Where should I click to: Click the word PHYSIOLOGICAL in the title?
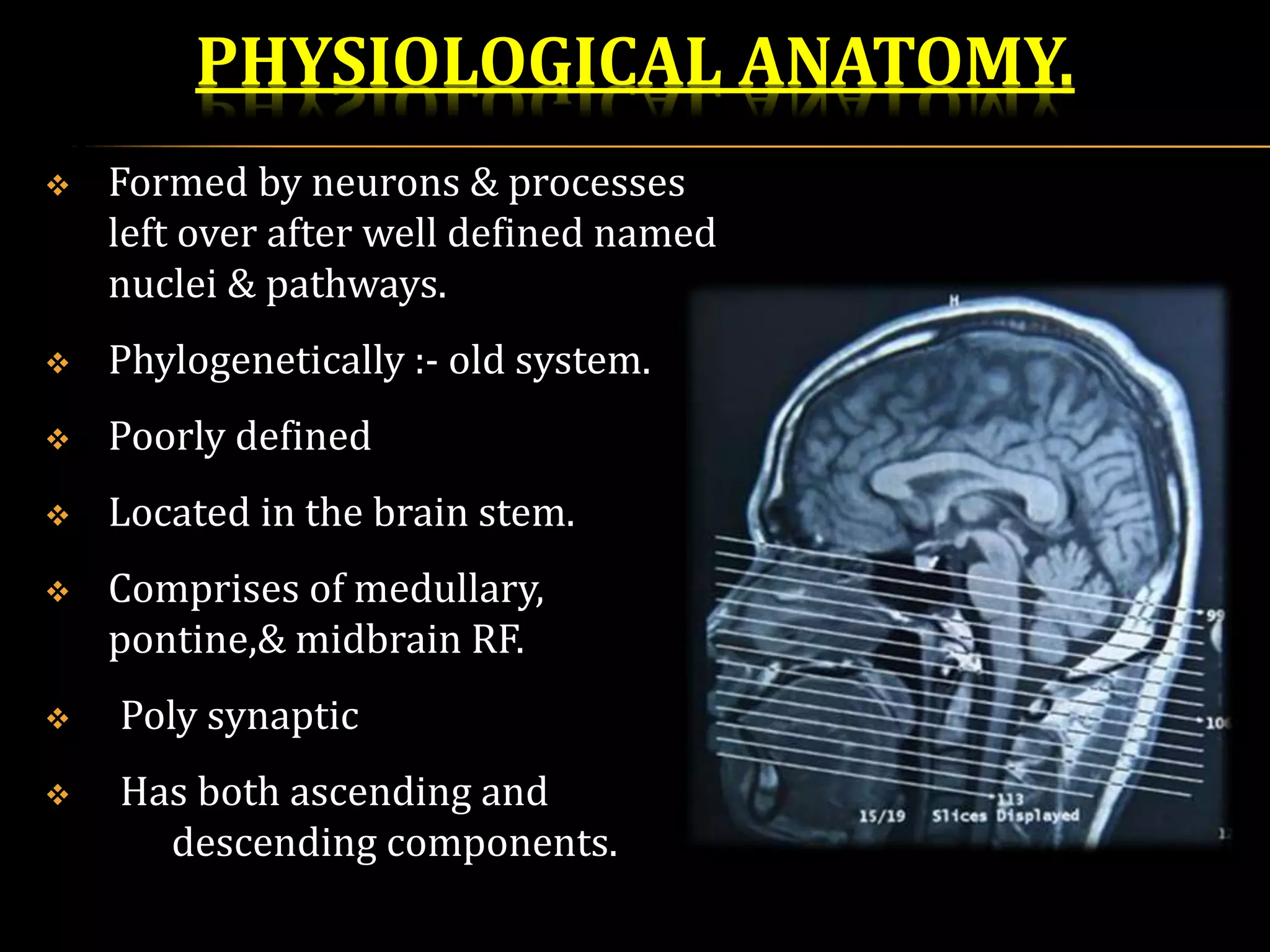coord(460,62)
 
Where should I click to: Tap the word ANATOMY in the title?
coord(905,62)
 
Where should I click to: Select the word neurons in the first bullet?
coord(385,183)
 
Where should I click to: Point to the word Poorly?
coord(167,437)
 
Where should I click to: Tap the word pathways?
coord(355,285)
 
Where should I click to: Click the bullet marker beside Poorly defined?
coord(58,439)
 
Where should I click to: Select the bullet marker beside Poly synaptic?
coord(58,719)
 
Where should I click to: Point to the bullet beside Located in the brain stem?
coord(58,515)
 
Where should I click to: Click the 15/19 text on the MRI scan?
coord(882,816)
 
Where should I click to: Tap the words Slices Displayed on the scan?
coord(1005,816)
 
